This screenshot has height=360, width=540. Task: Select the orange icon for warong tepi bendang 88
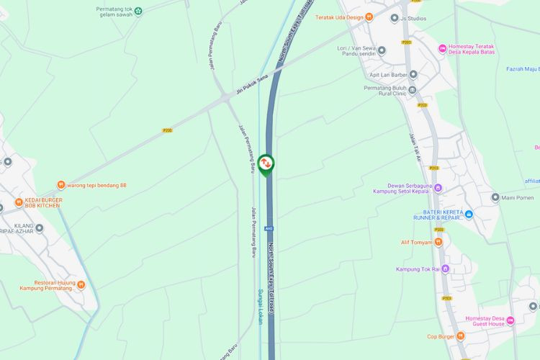point(61,185)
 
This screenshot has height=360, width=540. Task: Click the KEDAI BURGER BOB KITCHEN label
point(43,202)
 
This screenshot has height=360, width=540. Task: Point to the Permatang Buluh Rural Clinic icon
point(413,90)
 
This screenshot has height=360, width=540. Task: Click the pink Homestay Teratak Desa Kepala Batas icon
point(443,48)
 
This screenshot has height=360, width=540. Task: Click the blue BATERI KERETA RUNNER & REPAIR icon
point(469,215)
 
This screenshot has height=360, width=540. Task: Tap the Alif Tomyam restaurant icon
point(438,242)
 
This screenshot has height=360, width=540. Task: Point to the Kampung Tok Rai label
point(417,269)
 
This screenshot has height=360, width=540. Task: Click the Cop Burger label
point(441,336)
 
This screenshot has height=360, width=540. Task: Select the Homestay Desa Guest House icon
point(510,320)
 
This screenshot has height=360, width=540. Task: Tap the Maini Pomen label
point(516,197)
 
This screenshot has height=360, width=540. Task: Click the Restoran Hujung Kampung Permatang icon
point(81,285)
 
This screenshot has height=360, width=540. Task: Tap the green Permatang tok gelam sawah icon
point(138,11)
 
